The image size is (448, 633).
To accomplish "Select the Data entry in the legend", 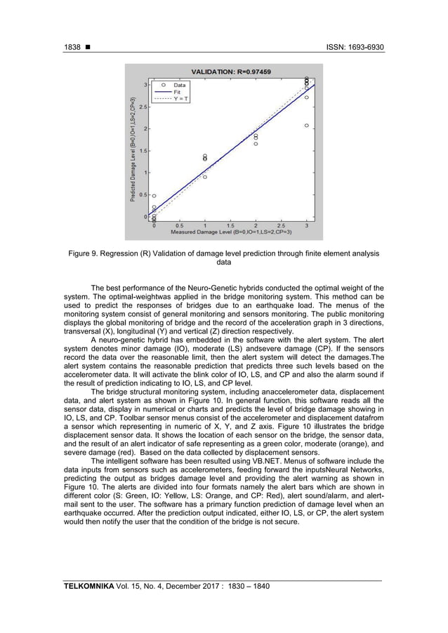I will pos(180,85).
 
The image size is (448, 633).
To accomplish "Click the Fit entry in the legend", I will pos(178,92).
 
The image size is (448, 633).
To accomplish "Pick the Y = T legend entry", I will pos(180,99).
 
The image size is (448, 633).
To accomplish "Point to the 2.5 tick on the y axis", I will pos(144,107).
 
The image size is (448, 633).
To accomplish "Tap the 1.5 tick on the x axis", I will pos(230,225).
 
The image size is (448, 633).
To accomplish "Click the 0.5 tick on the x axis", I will pos(179,225).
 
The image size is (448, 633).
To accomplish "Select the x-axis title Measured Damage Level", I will pos(230,232).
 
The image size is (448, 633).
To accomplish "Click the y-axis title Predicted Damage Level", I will pos(132,149).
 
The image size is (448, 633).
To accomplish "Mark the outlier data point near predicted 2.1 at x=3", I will pos(306,126).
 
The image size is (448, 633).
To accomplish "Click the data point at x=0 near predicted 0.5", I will pos(154,196).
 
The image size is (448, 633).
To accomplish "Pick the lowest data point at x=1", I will pos(204,177).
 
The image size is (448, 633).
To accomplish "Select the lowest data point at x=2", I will pos(256,144).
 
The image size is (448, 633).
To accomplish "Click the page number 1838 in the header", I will pos(72,48).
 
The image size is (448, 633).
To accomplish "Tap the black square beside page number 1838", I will pos(90,48).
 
